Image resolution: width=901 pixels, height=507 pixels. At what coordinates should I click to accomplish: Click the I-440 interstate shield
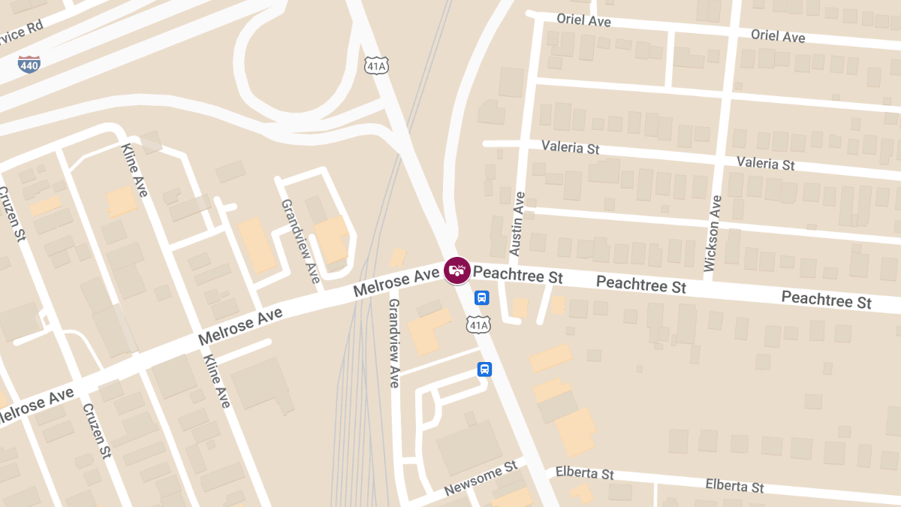29,65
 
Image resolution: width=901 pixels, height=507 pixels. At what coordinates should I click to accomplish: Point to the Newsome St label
481,478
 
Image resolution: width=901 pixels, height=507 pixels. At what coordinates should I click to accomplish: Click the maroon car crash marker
457,270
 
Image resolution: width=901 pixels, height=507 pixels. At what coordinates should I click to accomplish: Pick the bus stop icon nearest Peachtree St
482,297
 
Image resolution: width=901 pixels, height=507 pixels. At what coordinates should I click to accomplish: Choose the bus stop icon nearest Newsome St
485,370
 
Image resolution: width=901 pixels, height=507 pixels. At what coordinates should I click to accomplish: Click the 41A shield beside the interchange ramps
376,66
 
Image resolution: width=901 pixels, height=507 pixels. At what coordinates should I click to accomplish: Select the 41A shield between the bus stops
478,324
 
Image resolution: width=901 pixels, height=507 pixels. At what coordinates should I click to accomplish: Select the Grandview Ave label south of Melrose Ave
393,343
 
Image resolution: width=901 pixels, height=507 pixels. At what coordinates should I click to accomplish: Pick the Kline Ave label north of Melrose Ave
134,171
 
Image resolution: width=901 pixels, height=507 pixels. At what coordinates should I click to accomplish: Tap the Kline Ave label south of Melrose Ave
216,381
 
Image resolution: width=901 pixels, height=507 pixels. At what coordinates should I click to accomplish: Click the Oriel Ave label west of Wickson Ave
584,20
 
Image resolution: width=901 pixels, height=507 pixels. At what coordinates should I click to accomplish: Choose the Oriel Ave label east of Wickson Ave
778,35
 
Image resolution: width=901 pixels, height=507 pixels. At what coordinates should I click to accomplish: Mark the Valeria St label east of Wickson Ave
765,162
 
